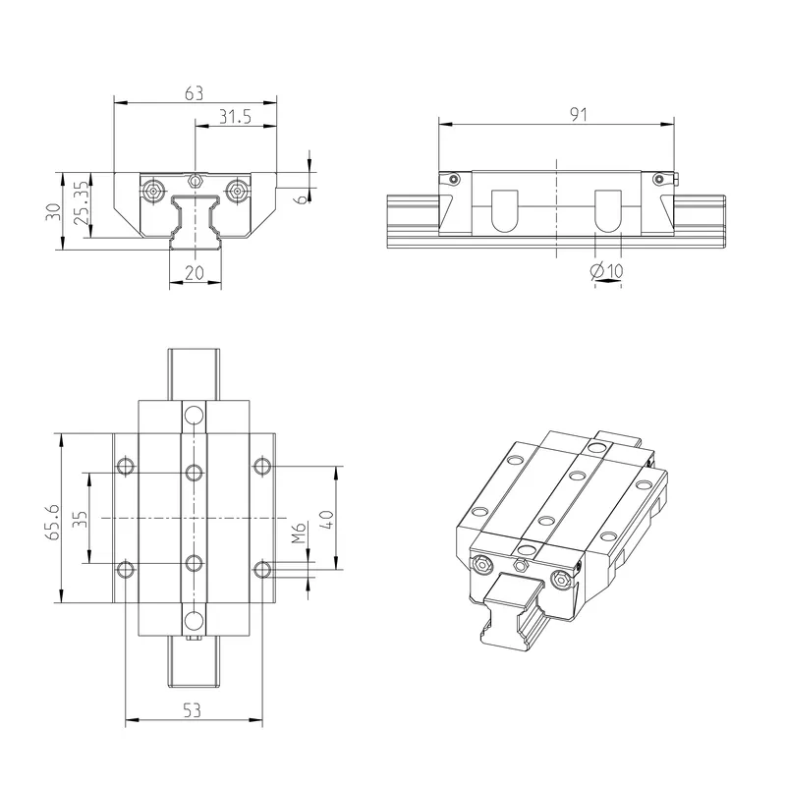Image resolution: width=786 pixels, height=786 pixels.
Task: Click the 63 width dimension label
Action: (x=194, y=93)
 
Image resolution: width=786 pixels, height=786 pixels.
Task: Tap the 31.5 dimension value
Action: (x=235, y=117)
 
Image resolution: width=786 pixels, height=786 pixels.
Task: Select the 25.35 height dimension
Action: (x=82, y=202)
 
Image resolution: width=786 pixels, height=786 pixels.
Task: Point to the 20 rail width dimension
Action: (x=194, y=273)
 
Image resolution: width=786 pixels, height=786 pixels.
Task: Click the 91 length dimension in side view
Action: (x=578, y=114)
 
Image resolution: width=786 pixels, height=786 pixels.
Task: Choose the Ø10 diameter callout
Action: (x=606, y=271)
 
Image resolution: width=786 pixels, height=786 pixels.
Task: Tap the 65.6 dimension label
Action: (x=53, y=522)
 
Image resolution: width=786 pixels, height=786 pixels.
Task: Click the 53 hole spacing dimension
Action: (x=192, y=710)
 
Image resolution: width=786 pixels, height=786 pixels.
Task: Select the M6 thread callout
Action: (x=299, y=533)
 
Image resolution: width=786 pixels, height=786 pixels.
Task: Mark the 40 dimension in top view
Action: (x=326, y=520)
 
